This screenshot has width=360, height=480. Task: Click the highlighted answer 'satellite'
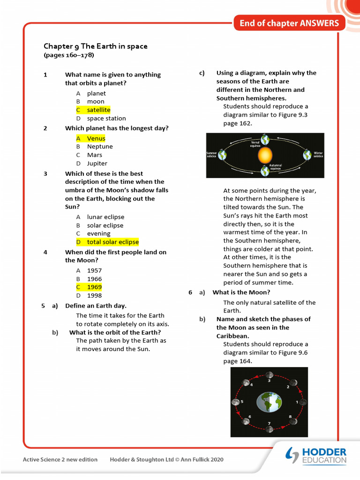98,110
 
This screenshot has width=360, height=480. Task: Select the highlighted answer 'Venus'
96,138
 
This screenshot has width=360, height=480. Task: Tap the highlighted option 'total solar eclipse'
112,242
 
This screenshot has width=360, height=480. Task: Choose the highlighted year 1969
94,287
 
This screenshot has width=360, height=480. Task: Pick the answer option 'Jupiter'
97,164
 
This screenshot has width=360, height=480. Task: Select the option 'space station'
106,119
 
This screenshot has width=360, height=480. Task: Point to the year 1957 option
94,270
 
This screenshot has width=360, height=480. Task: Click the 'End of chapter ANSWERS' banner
289,23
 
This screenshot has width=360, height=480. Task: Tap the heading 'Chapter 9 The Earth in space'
96,46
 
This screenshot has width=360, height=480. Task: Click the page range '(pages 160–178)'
69,55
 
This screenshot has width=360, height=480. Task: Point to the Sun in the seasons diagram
265,155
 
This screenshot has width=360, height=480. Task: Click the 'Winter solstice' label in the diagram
318,154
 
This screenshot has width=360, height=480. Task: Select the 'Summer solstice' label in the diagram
212,155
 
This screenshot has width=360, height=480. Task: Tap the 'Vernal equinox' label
255,144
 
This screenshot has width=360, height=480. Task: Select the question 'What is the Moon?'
241,292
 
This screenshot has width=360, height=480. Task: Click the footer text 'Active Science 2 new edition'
60,459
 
